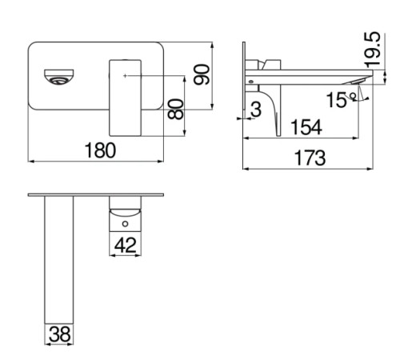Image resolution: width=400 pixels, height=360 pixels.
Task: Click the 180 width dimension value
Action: click(100, 150)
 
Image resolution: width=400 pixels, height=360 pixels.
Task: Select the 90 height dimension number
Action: click(202, 74)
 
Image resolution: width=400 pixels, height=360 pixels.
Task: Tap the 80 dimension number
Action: click(176, 109)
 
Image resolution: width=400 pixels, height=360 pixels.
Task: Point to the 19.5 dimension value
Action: click(372, 50)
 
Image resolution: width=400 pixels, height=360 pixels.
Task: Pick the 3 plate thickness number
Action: click(256, 110)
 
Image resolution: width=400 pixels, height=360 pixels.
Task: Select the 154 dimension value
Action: click(306, 127)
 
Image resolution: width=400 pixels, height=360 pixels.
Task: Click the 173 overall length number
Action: click(310, 158)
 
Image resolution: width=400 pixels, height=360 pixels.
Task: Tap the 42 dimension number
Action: click(126, 245)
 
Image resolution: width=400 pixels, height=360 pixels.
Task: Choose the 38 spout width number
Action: click(60, 334)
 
